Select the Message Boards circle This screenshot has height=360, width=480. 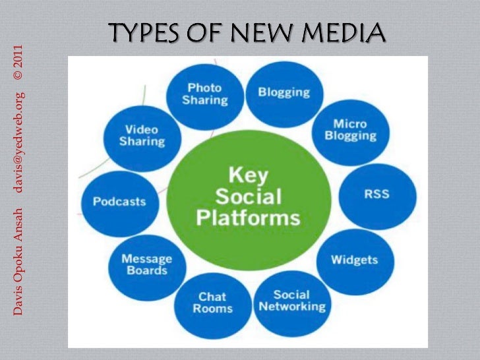[146, 265]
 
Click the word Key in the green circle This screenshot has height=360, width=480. [247, 175]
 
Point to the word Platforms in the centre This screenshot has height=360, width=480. [249, 218]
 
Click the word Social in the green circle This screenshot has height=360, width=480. [249, 196]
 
